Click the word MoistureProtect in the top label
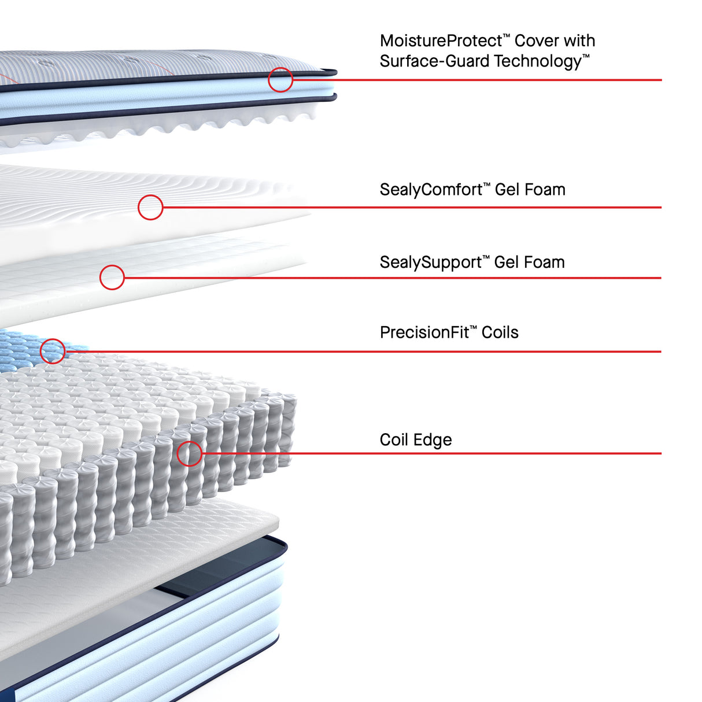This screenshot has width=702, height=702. (x=441, y=41)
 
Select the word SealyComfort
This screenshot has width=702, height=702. (x=431, y=190)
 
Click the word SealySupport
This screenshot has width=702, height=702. (x=431, y=263)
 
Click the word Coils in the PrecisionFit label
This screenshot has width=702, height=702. (x=500, y=332)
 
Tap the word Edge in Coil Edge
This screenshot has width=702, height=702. (x=433, y=440)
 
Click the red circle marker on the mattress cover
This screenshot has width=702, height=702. (x=280, y=68)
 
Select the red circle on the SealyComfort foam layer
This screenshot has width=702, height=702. (x=150, y=195)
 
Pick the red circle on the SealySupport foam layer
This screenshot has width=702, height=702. (x=112, y=265)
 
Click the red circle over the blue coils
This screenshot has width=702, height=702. (x=53, y=339)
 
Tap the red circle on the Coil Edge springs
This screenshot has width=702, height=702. (x=189, y=442)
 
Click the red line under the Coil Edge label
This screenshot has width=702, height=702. (x=431, y=453)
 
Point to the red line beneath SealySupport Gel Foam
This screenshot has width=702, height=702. (x=393, y=278)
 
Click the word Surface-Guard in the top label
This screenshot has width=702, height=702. (x=434, y=61)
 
